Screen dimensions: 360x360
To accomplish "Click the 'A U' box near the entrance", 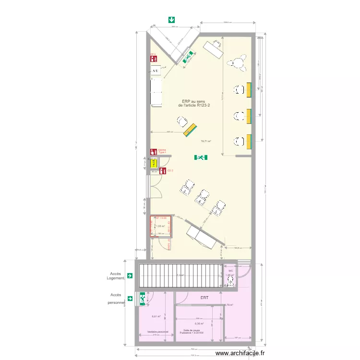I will point(155,72).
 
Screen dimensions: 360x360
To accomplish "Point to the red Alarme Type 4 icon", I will point(154,151).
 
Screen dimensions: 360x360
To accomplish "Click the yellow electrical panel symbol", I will point(154,163).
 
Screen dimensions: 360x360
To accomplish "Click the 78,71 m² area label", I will point(206,142).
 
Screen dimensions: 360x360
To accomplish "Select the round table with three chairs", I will point(238,62).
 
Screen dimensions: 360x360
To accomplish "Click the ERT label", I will point(205,298).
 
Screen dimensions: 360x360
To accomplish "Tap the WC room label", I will point(230,271).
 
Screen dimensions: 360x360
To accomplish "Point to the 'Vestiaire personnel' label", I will point(154,332).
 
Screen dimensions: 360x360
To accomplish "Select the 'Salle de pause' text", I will point(192,331).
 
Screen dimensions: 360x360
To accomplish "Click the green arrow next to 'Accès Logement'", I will point(129,276).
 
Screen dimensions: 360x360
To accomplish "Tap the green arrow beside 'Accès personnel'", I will point(129,298).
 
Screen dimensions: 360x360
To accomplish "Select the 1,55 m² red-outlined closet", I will point(160,226).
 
